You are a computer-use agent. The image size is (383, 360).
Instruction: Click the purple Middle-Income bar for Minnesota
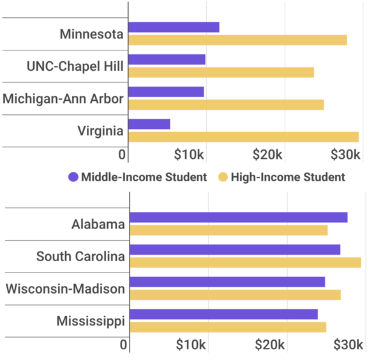point(174,27)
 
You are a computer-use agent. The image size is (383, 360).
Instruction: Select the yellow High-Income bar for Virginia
point(243,137)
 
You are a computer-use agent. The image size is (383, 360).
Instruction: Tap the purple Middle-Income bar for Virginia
point(149,124)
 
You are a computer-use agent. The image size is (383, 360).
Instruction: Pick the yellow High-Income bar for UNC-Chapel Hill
point(221,72)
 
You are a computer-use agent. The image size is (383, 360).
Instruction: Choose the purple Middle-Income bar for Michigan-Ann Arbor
point(166,92)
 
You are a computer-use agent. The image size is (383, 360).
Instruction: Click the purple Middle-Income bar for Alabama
point(239,218)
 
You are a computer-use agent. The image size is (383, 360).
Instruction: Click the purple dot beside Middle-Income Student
point(73,177)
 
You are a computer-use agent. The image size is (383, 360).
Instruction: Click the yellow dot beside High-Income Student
point(223,177)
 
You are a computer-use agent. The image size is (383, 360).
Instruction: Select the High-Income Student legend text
point(288,177)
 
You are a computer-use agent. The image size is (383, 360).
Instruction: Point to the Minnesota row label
point(91,34)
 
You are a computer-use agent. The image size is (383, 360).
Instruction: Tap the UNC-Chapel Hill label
point(75,66)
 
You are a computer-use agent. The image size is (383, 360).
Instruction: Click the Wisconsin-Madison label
point(65,289)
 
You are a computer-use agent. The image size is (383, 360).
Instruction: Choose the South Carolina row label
point(80,257)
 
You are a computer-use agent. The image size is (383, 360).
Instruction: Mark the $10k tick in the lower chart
point(191,345)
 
